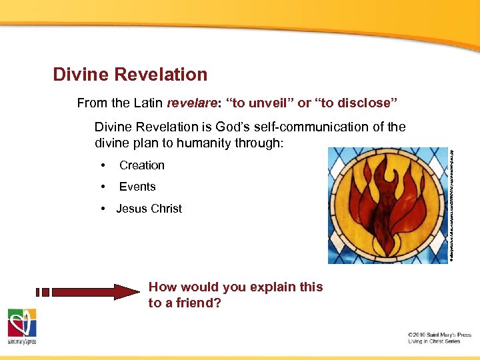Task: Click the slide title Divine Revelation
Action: [x=131, y=75]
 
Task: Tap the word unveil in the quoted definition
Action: [x=270, y=103]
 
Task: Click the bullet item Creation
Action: [x=142, y=165]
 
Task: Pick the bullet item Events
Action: [x=137, y=187]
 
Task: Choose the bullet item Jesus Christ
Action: [x=149, y=209]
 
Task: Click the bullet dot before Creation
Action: [x=103, y=165]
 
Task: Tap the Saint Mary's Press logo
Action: [x=22, y=327]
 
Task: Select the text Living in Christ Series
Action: [x=434, y=341]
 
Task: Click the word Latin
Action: [x=148, y=103]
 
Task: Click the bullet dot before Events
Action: [x=103, y=187]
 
